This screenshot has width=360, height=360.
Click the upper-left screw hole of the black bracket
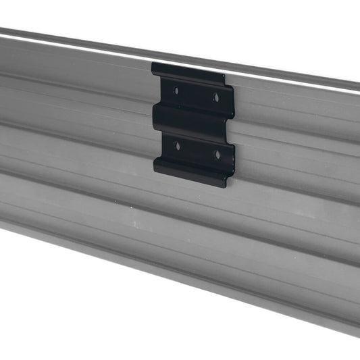coord(176,89)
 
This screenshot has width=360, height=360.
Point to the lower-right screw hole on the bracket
coord(217,155)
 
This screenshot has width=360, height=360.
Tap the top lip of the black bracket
coord(192,73)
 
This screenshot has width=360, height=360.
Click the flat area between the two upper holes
coord(197,94)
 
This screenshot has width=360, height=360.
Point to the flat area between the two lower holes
coord(198,150)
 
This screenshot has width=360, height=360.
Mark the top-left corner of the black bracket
coord(153,63)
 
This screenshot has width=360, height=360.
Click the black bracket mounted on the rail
coord(194,125)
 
